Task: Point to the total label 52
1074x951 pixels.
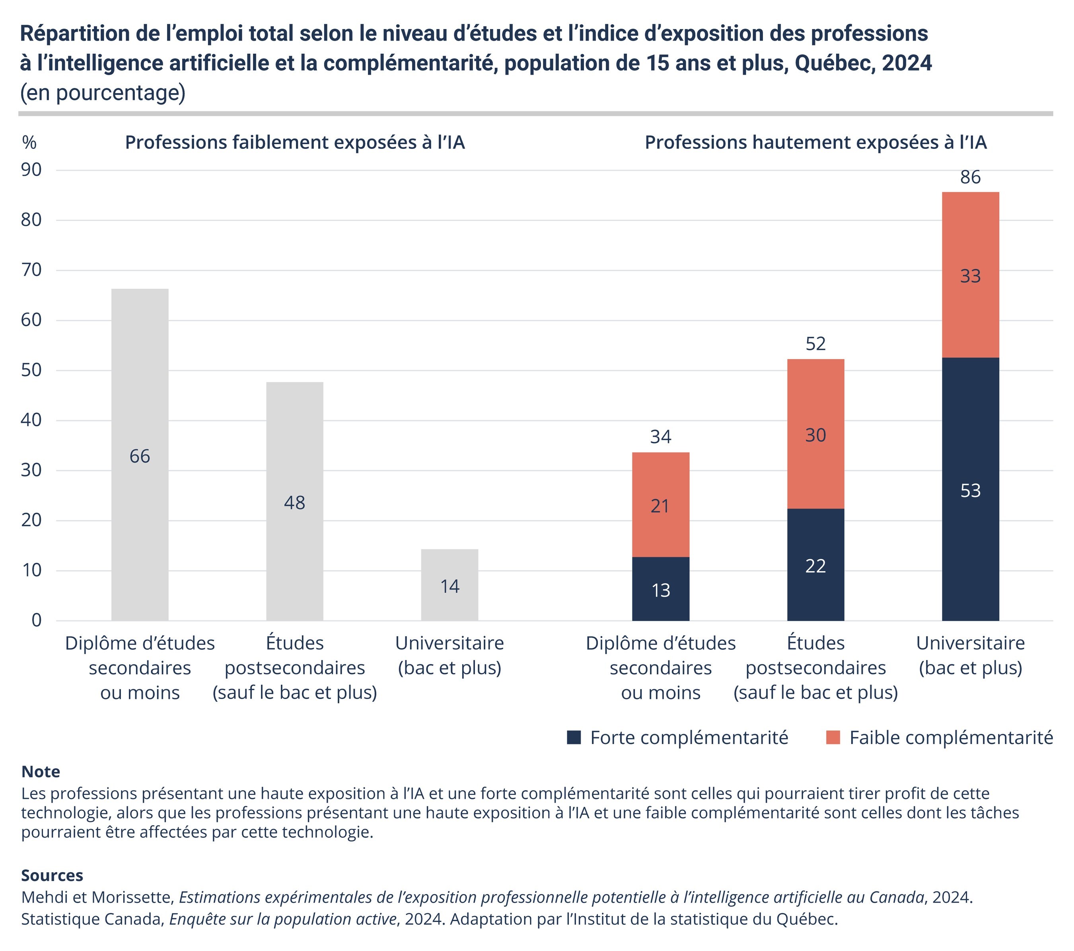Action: tap(815, 344)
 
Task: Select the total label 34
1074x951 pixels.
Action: tap(660, 437)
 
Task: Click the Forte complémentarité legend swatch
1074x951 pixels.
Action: tap(574, 738)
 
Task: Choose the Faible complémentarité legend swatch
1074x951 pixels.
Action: tap(833, 738)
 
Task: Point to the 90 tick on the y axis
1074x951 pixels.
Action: tap(31, 170)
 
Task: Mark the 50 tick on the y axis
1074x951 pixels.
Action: tap(31, 370)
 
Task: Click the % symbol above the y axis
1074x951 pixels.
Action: tap(29, 143)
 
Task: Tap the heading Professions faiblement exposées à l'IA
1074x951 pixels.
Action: tap(295, 143)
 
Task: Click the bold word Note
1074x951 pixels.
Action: tap(41, 772)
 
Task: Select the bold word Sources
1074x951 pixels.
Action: tap(52, 875)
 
